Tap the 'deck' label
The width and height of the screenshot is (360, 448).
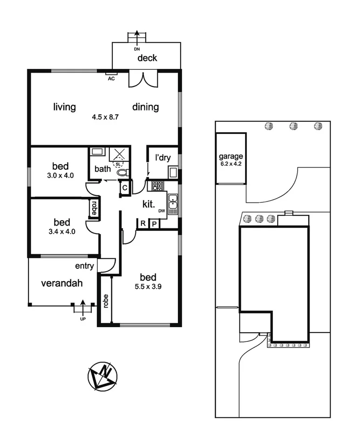147,58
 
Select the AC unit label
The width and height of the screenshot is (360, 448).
111,79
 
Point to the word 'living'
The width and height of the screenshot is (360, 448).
64,107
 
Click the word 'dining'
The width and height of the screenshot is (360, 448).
145,107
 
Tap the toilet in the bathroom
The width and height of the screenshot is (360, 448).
122,173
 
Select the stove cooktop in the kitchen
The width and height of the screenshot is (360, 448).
157,186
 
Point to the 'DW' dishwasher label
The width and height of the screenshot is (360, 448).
162,211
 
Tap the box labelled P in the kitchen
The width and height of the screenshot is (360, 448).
154,224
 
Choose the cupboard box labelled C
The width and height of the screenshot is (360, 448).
124,187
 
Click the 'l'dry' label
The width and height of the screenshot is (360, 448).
163,158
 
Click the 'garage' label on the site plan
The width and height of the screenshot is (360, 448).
230,157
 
